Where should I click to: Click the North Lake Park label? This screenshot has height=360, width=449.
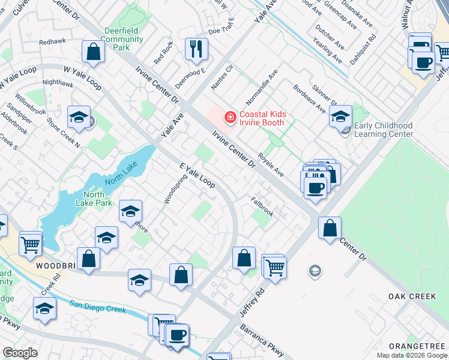pos(94,199)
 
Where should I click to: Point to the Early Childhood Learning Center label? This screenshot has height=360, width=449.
pos(383,130)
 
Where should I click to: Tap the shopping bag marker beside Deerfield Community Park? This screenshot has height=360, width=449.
pos(94,52)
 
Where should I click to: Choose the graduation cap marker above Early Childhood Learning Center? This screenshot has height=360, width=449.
pos(340,116)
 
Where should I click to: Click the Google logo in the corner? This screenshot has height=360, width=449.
pos(20,353)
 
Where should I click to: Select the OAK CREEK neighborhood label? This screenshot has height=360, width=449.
pos(410,296)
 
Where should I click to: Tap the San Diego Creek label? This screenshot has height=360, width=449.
pos(97,307)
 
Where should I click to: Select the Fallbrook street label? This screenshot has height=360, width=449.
pos(262,208)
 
